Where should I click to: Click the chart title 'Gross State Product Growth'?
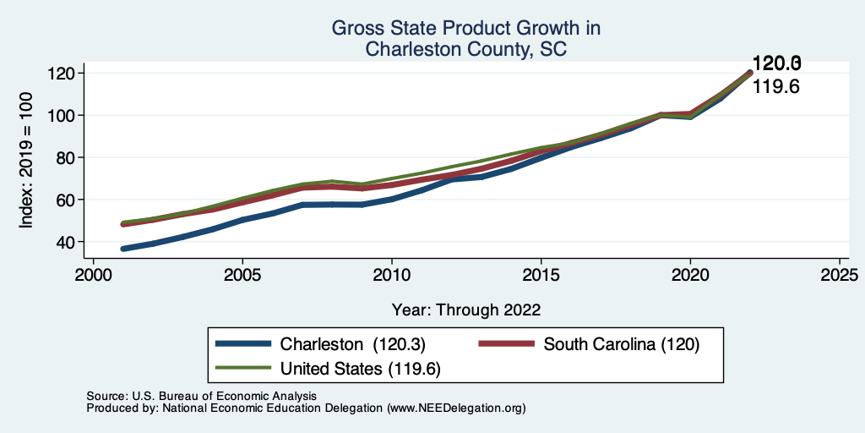click(465, 28)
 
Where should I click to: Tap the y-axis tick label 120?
click(65, 73)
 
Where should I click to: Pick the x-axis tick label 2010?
click(392, 276)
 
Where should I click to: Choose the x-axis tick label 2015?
click(541, 276)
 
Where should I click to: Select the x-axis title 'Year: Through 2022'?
click(466, 310)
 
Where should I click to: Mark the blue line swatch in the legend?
click(244, 344)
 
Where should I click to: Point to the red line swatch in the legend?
click(507, 344)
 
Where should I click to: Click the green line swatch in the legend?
click(244, 369)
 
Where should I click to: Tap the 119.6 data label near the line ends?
click(776, 86)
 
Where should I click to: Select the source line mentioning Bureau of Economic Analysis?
click(202, 396)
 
